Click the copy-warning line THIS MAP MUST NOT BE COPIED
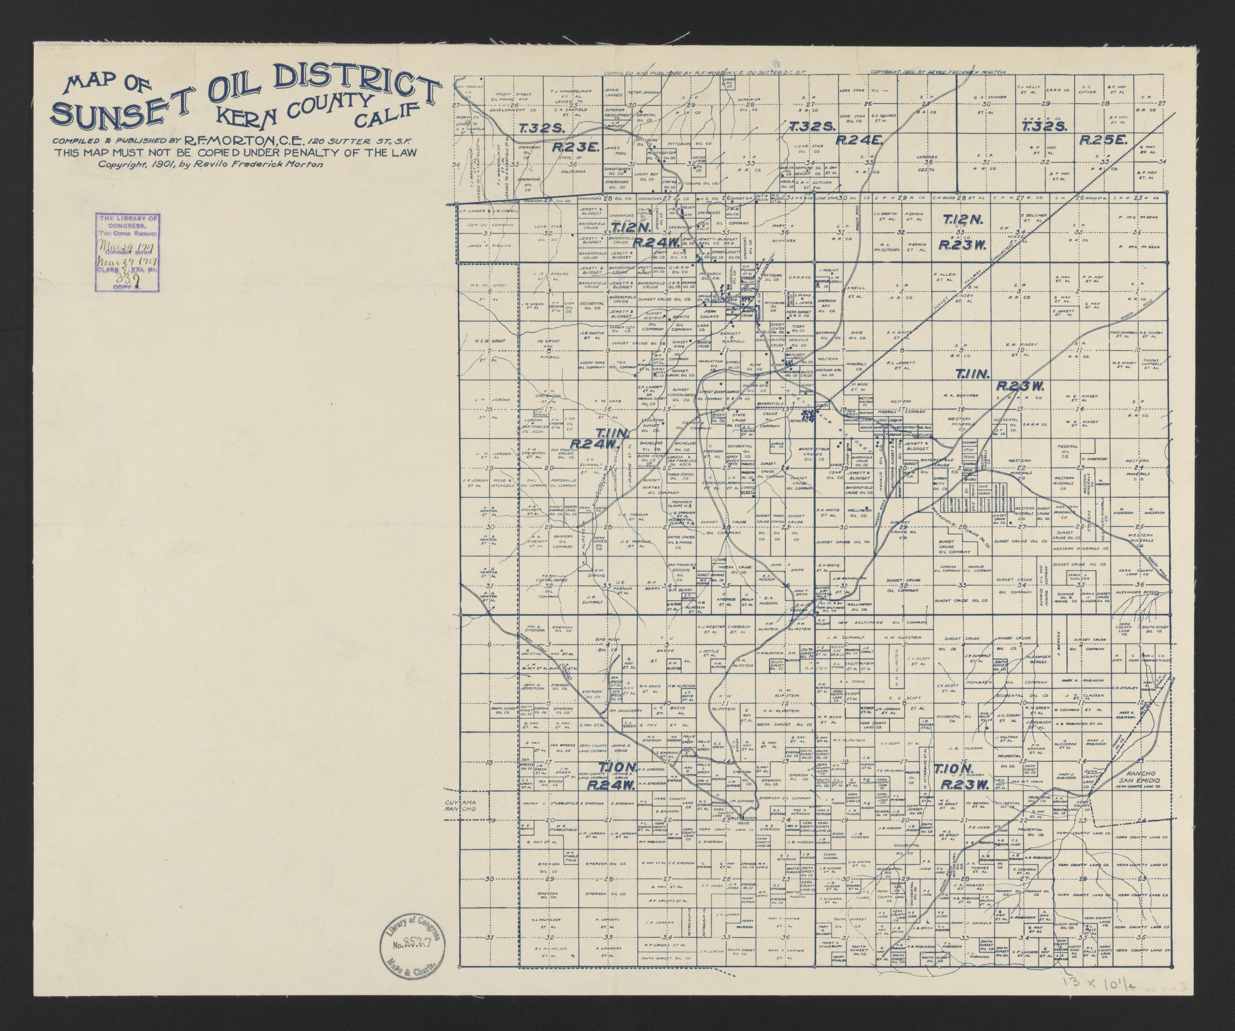tap(235, 152)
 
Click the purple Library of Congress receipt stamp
tap(128, 252)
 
